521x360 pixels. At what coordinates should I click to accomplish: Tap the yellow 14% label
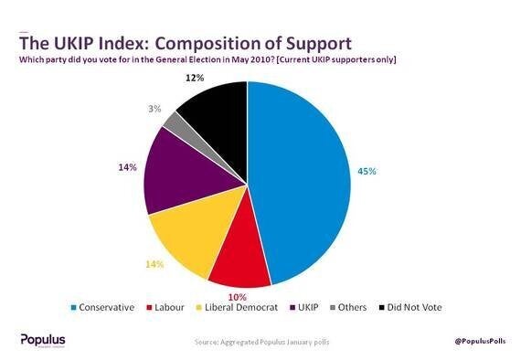[154, 264]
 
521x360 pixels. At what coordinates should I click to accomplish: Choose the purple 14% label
[127, 167]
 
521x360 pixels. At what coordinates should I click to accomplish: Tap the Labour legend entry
[169, 307]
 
